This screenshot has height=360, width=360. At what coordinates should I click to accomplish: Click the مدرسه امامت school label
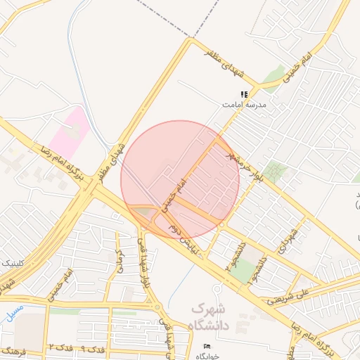[x=243, y=103]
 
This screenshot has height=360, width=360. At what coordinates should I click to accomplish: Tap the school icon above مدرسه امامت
[x=244, y=94]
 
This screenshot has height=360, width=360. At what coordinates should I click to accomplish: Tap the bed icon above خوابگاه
[x=207, y=347]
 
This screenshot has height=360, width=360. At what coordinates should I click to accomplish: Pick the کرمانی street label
[x=120, y=260]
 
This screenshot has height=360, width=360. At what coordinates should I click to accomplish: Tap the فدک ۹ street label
[x=92, y=348]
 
